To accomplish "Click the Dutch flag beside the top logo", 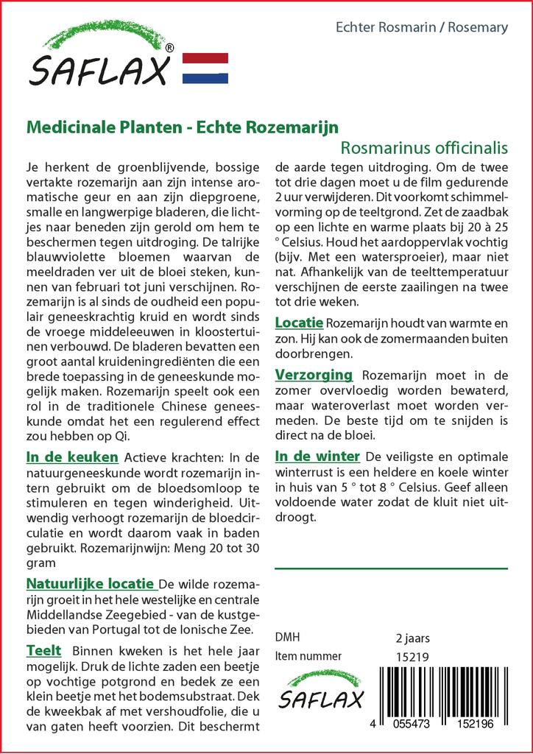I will tap(205, 68).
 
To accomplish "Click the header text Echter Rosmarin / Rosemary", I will tap(421, 27).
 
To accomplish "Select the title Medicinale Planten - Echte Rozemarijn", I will tap(182, 127).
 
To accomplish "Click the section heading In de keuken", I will tap(70, 457).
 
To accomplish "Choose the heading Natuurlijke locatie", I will tap(91, 584).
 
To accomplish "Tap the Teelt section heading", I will tap(43, 651).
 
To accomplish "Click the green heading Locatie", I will tap(299, 323).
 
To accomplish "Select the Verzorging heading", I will tap(313, 375).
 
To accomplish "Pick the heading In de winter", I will tap(317, 456).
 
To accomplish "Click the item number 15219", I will tap(412, 656).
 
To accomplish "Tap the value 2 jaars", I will tap(412, 638).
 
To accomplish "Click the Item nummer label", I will tap(308, 656).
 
